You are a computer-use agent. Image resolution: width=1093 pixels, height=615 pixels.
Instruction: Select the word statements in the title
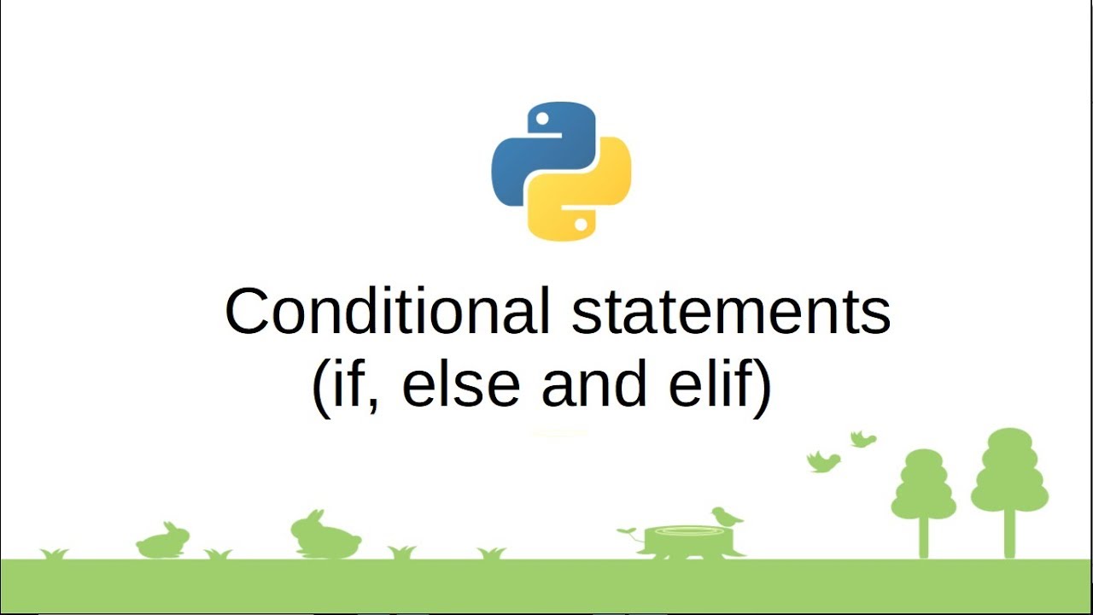pos(731,313)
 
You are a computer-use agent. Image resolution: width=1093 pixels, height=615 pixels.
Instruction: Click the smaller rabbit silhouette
pos(163,542)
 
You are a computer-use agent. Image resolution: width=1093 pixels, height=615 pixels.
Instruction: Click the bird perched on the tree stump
pos(727,516)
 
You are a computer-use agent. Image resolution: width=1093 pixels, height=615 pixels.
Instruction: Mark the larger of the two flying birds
pos(823,461)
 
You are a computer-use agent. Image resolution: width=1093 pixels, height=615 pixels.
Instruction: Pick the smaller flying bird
pos(863,439)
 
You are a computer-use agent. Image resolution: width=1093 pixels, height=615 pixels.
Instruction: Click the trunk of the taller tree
pos(1010,534)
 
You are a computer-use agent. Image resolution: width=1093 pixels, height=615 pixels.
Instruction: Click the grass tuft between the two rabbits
pos(218,554)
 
